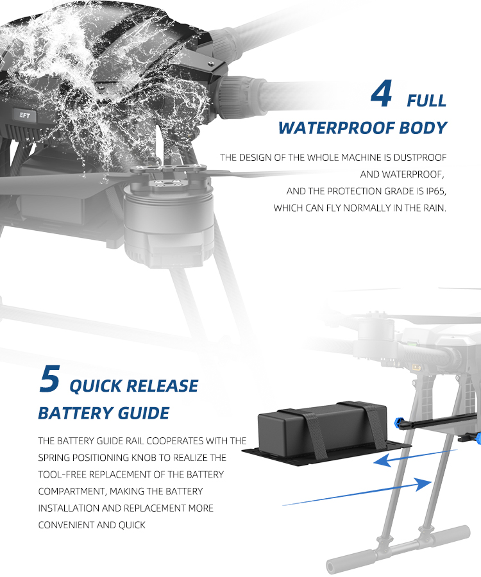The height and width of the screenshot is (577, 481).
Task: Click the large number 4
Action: point(381,94)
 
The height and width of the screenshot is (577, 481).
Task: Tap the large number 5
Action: point(49,378)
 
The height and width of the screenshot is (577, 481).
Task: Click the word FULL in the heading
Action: point(426,101)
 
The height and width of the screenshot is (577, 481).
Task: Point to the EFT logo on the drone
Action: point(25,115)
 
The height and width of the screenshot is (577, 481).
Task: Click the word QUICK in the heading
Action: point(96,387)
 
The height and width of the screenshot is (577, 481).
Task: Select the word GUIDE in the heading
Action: point(144,414)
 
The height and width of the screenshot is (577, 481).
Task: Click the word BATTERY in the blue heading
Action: point(76,414)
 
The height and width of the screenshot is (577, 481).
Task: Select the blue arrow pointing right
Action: point(357,492)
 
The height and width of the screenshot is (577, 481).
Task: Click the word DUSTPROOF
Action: point(420,158)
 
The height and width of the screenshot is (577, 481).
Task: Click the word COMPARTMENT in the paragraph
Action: point(72,492)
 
